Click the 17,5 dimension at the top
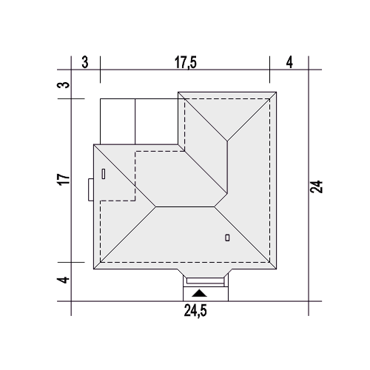tap(186, 62)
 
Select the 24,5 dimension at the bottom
tap(195, 311)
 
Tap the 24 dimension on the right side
tap(317, 186)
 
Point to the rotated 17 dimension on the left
tap(64, 179)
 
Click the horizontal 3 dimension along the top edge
tap(85, 62)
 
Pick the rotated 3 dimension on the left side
tap(64, 85)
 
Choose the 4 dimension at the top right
tap(289, 62)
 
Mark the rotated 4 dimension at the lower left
tap(64, 280)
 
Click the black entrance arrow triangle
tap(199, 293)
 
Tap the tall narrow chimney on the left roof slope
tap(104, 174)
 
